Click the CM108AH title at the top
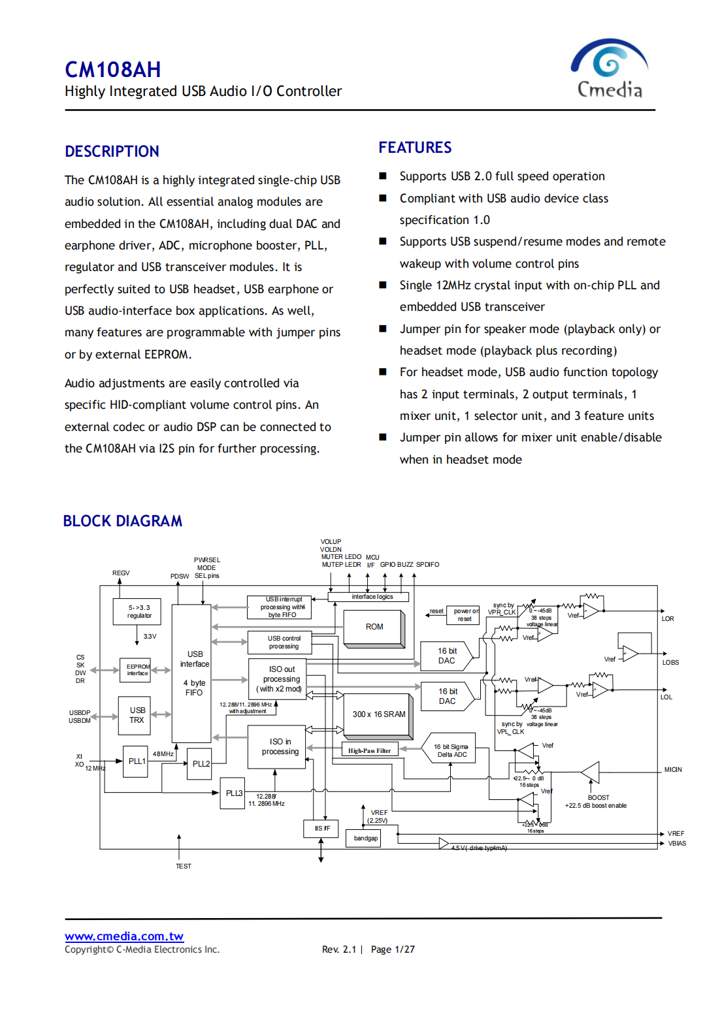[x=112, y=70]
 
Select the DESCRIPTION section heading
[x=112, y=151]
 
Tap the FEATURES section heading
[x=415, y=148]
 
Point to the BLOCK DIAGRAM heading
[x=122, y=521]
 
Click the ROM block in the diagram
[x=374, y=627]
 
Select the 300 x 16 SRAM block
[x=379, y=714]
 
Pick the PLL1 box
[x=137, y=761]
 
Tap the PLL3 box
[x=233, y=793]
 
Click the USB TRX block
[x=137, y=715]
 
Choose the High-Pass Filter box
[x=369, y=751]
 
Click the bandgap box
[x=365, y=838]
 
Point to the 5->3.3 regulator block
[x=139, y=612]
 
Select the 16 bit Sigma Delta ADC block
[x=451, y=751]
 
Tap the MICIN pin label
[x=672, y=770]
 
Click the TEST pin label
[x=183, y=867]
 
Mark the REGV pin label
[x=121, y=573]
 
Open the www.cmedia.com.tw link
[x=123, y=936]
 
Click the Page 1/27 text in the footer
[x=393, y=949]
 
